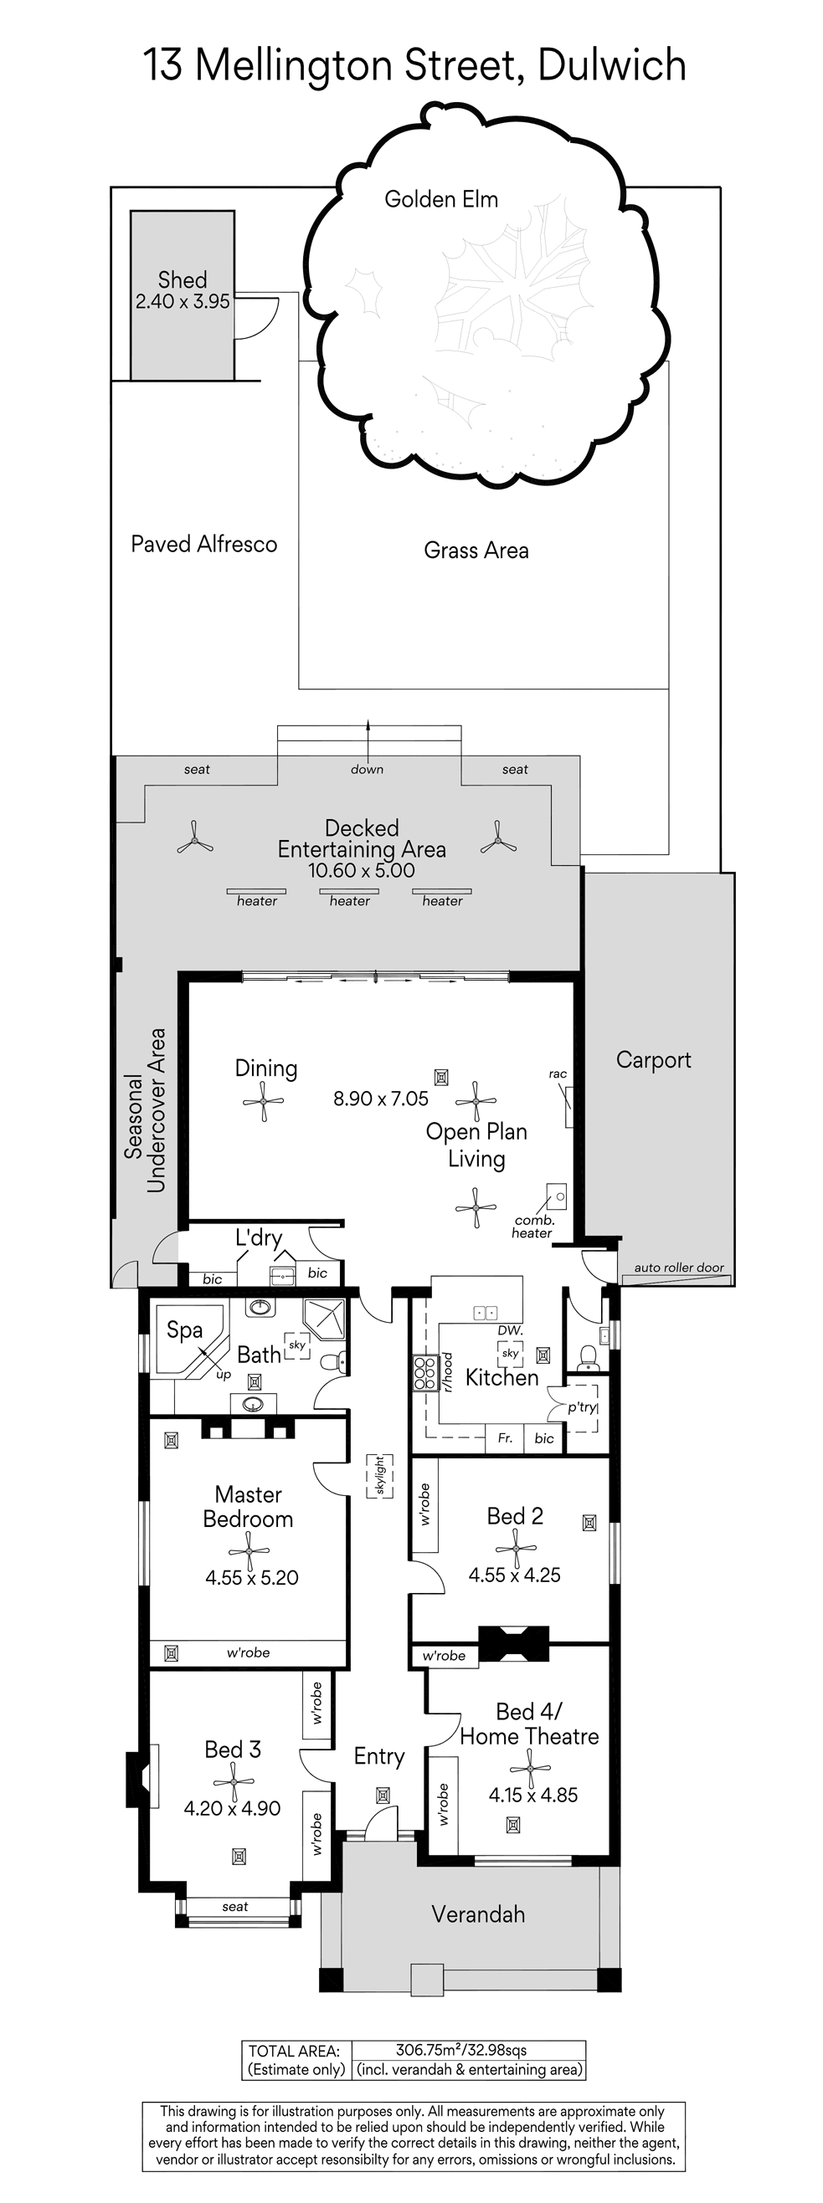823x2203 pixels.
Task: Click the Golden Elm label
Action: pos(440,200)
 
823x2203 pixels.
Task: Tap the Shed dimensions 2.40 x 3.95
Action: pos(183,302)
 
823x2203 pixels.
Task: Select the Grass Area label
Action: pos(476,551)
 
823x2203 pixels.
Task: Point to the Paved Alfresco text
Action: pos(203,545)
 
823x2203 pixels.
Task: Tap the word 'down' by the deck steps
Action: pos(367,770)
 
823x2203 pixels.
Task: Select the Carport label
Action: pos(654,1060)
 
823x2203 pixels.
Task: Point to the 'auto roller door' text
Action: pos(679,1268)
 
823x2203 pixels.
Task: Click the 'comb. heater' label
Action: pos(533,1227)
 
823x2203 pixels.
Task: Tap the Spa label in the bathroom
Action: pos(185,1329)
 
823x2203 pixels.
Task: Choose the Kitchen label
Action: pos(502,1378)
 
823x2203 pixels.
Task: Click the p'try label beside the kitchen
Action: pos(582,1406)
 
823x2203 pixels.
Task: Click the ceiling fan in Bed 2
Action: pos(515,1548)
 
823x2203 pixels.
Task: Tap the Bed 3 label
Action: pos(233,1750)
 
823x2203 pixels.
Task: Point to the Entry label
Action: pos(379,1757)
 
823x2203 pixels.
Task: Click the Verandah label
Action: pos(478,1915)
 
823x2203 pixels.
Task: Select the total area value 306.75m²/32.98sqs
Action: pos(461,2050)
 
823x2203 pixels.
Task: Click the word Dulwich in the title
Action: pos(612,66)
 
